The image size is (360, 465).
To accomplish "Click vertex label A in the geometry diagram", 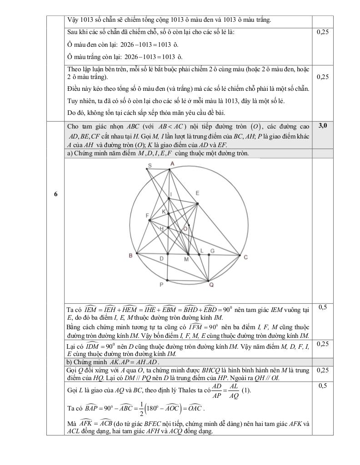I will coord(172,163).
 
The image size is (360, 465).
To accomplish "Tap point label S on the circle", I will coord(150,166).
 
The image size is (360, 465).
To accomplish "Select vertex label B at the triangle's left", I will coord(130,256).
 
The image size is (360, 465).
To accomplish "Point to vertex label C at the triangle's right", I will coord(245,257).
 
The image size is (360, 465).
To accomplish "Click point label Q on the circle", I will coord(211,285).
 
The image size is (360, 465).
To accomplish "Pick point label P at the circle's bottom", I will coord(161,285).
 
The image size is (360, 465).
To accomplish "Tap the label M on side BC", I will coord(186,259).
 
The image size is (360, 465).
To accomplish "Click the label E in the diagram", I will coord(197,193).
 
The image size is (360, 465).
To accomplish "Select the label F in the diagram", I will coord(147,215).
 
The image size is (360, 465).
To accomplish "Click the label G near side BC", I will coord(212,251).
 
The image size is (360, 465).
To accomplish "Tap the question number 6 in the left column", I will coord(55,194).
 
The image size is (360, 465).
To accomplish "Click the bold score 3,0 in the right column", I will coord(323,125).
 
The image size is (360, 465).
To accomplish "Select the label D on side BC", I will coord(161,258).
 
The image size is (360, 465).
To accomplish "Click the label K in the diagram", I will coord(164,212).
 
